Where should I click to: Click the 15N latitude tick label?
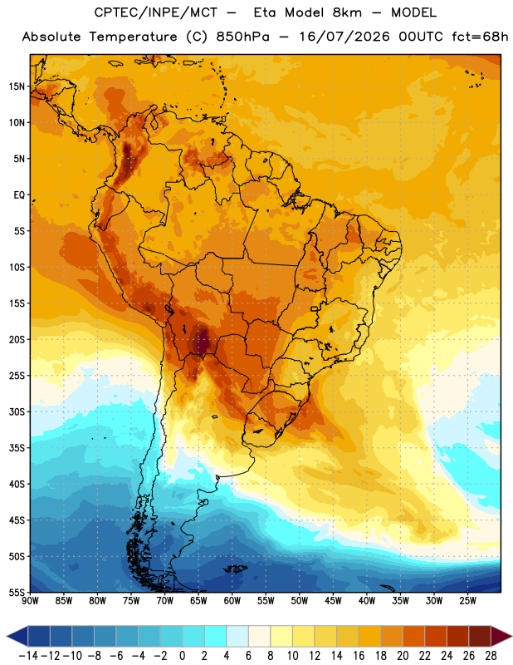click(x=17, y=86)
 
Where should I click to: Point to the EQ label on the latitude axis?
click(x=19, y=195)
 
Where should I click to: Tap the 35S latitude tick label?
click(x=17, y=448)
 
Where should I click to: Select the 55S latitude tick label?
click(x=17, y=592)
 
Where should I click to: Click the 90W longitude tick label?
click(x=30, y=601)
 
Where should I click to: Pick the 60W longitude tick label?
click(x=232, y=601)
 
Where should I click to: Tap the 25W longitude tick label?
click(x=467, y=601)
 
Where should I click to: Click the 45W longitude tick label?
click(x=333, y=601)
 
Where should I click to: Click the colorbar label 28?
click(x=491, y=656)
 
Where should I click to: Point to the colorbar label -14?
click(x=28, y=656)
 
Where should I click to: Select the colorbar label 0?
click(x=182, y=656)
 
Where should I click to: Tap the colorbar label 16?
click(x=359, y=656)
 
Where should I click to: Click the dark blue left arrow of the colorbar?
click(x=17, y=636)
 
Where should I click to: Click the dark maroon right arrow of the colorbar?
click(x=501, y=636)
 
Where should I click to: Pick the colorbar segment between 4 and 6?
click(x=237, y=636)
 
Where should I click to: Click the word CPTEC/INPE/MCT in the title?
click(x=156, y=12)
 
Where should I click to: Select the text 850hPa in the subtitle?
click(x=242, y=37)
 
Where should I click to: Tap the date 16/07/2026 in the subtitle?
click(x=344, y=37)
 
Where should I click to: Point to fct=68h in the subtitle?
click(x=480, y=37)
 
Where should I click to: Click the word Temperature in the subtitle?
click(x=133, y=37)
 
